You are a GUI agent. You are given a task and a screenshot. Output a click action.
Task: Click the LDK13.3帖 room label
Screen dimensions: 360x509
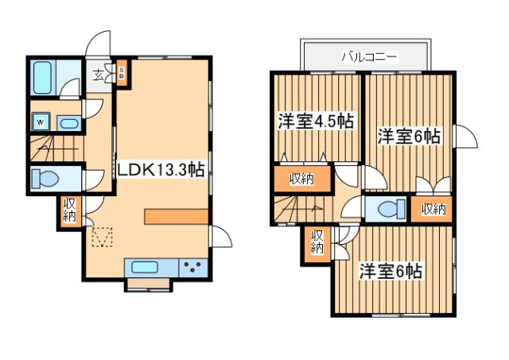point(161,170)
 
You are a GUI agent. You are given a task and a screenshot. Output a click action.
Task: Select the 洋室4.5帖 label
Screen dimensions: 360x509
point(315,122)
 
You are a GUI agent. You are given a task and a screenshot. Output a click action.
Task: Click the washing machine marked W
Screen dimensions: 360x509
point(39,122)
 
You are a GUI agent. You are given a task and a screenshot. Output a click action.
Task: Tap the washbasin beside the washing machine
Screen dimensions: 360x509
point(68,123)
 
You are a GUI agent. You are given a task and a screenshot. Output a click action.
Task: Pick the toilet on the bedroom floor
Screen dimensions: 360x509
point(389,209)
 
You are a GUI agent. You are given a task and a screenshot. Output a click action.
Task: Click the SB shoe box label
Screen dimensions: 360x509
point(122,75)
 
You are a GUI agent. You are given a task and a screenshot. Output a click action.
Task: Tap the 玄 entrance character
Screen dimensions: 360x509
point(97,76)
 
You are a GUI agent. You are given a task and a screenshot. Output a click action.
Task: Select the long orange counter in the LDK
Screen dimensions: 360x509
point(174,217)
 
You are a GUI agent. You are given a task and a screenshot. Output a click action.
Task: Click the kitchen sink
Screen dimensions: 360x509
point(148,267)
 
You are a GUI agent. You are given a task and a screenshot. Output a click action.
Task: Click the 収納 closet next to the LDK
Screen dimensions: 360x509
point(69,210)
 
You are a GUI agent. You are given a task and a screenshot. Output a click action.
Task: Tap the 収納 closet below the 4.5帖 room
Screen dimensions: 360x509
point(301,179)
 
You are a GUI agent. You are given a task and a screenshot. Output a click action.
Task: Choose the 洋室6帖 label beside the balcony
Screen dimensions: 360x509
point(409,136)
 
